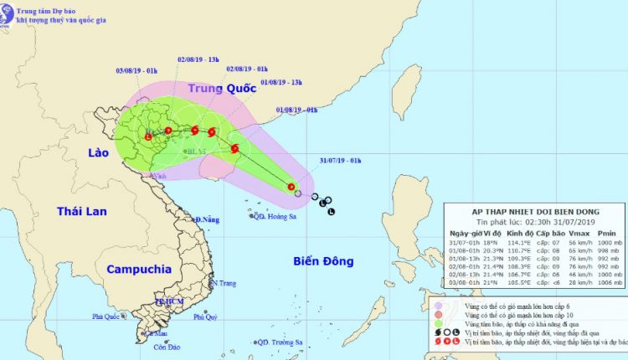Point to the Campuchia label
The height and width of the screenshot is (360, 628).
(x=139, y=270)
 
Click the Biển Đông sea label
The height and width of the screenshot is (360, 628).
(x=325, y=262)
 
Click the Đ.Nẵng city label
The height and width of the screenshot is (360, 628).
(x=206, y=219)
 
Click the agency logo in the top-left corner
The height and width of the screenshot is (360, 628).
(x=12, y=14)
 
